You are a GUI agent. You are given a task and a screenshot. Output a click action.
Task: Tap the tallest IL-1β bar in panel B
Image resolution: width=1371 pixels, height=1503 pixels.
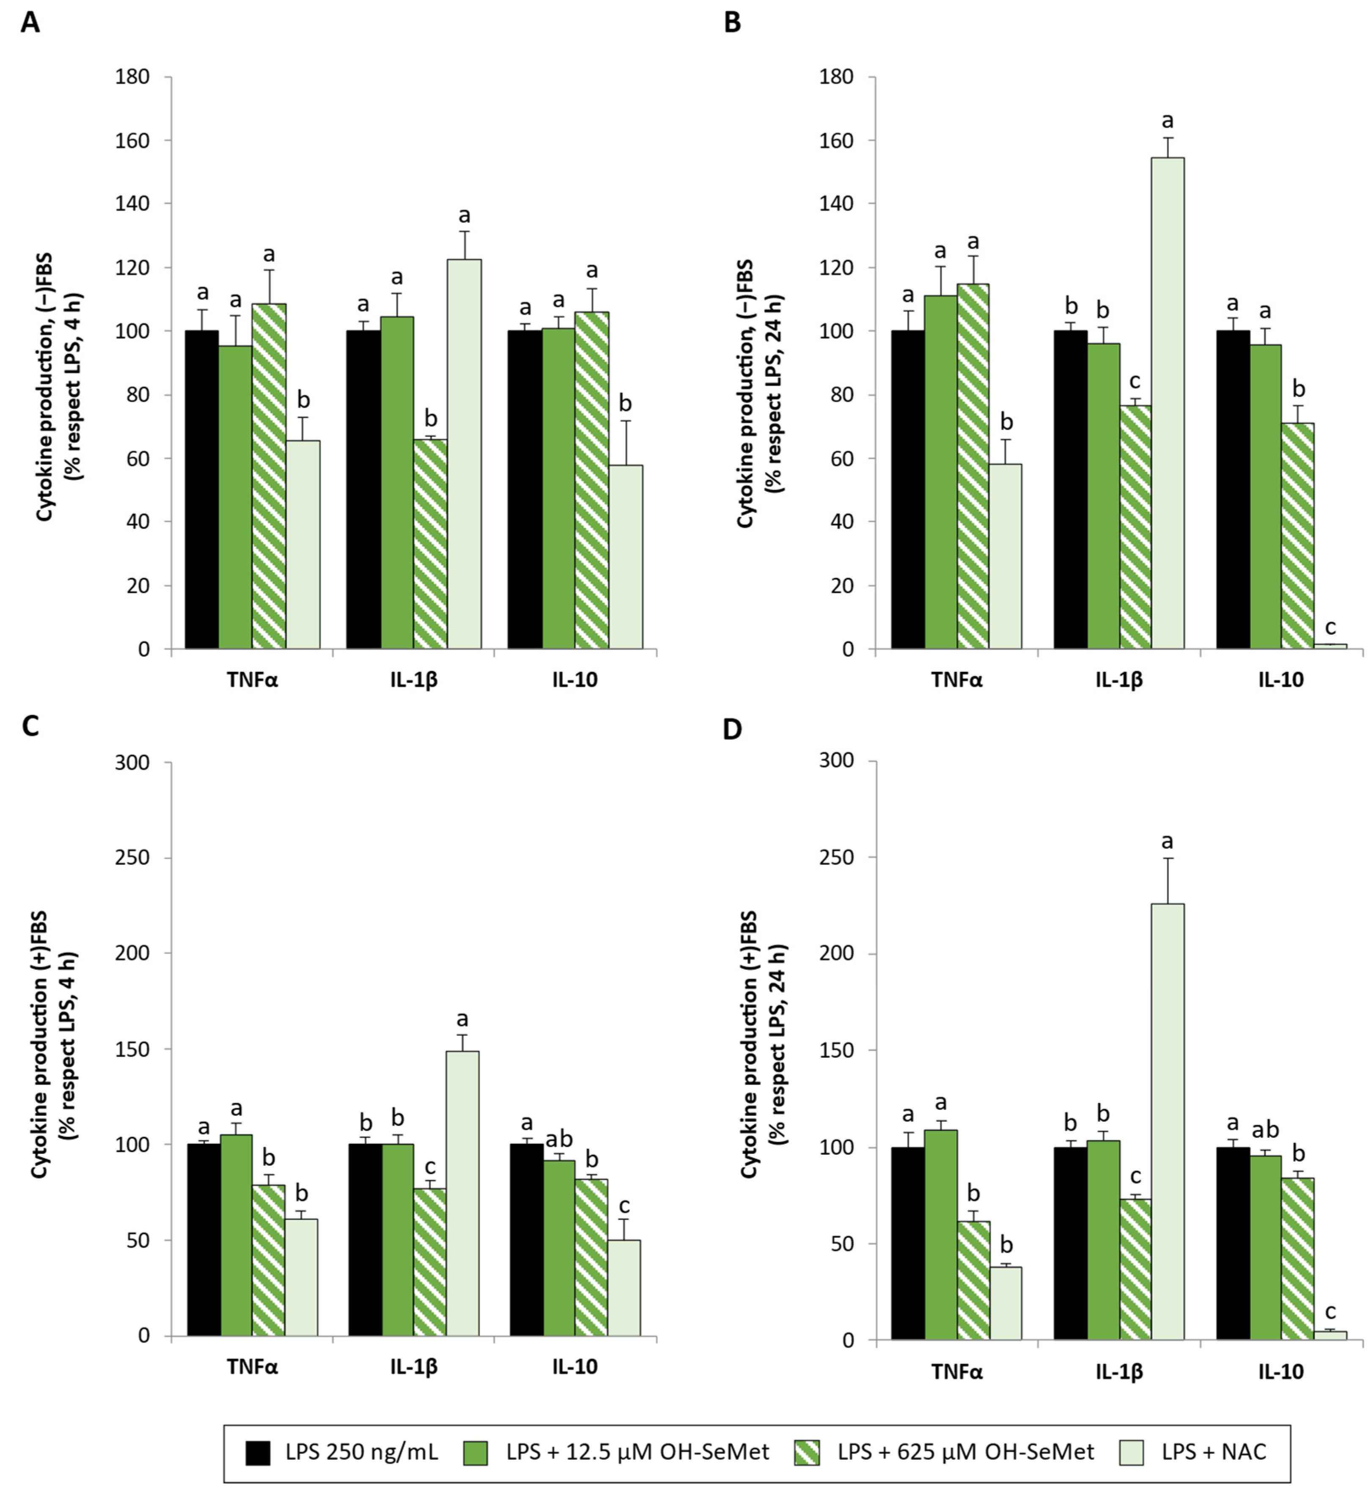point(1168,402)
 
